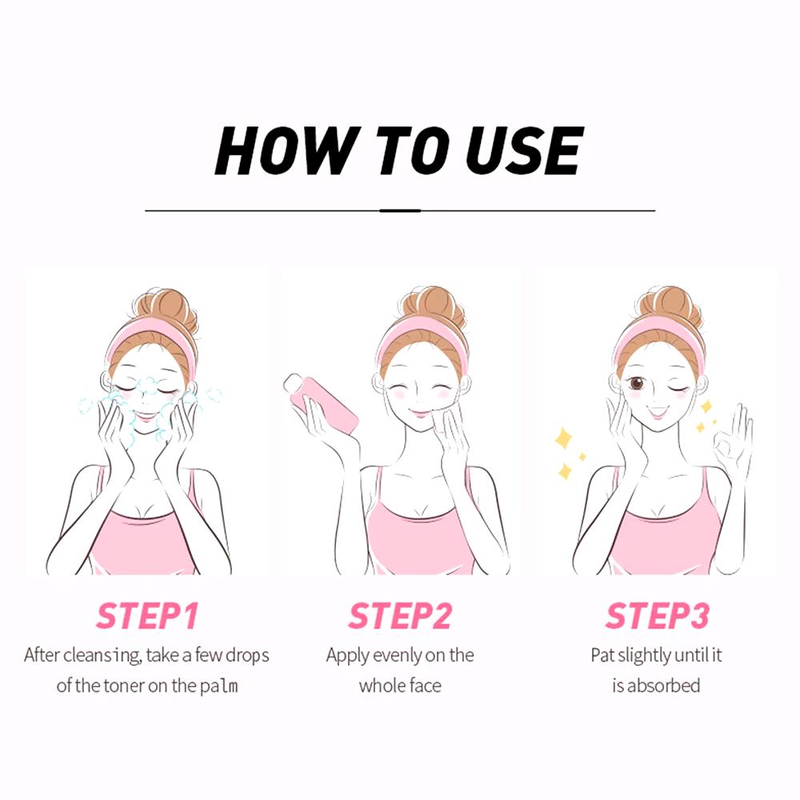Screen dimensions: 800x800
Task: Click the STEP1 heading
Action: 147,615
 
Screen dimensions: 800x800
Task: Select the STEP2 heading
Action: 400,615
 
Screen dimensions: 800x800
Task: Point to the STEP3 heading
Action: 657,615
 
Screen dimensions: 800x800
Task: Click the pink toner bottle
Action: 321,403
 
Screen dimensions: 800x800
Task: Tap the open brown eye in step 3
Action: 637,382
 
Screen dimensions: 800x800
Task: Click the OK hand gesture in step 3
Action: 733,438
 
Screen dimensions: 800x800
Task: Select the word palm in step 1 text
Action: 219,686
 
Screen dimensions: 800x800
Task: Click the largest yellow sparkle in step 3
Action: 564,438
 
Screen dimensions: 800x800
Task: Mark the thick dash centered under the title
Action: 400,210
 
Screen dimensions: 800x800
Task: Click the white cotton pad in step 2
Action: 443,419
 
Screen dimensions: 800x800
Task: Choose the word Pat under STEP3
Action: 602,656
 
